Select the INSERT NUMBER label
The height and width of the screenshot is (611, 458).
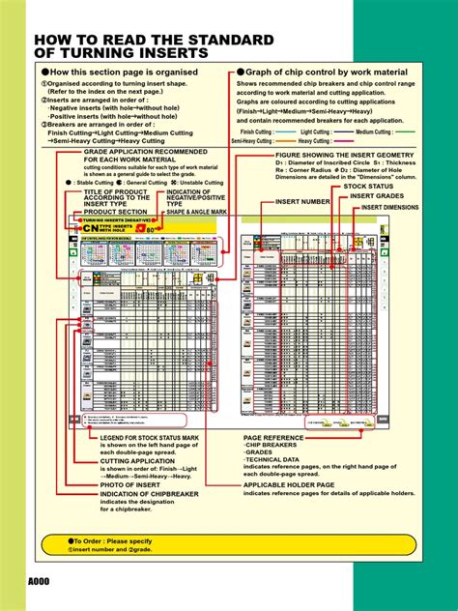click(302, 200)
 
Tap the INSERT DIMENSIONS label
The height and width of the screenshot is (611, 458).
click(390, 207)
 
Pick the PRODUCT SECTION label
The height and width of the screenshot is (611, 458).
click(109, 211)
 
